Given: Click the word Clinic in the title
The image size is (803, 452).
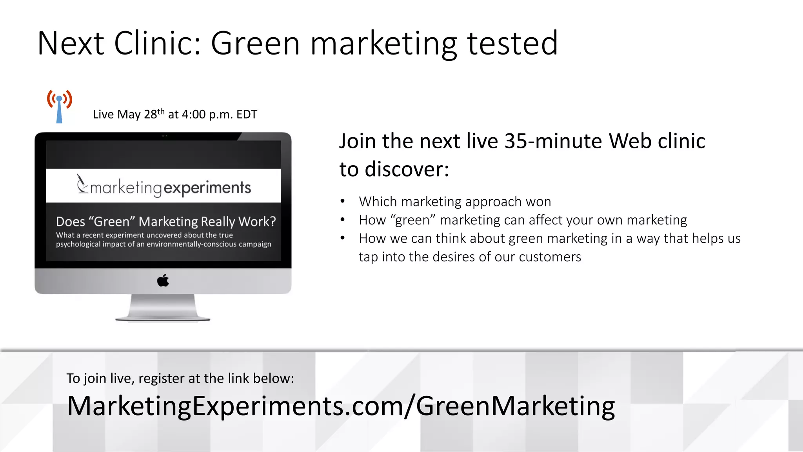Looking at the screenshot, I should [157, 43].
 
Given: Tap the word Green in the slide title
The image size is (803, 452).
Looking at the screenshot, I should [255, 43].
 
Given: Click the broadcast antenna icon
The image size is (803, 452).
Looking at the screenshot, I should [59, 106].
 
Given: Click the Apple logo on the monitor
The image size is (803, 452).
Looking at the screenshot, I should [163, 281].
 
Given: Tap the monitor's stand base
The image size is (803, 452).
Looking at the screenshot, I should [163, 316].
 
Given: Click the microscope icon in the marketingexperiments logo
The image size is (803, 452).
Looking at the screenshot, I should [82, 184].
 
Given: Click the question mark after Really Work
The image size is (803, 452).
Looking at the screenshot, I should [273, 222].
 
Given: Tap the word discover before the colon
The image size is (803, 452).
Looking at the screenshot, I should [403, 169].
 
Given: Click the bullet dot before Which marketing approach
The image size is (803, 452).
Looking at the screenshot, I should [343, 202].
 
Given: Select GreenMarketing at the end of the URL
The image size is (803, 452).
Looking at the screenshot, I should [515, 406].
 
